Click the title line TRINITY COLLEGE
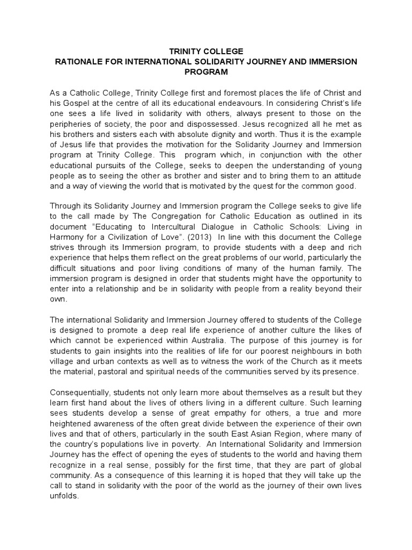click(206, 52)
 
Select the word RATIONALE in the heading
click(79, 62)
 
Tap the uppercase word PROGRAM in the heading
click(206, 72)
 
